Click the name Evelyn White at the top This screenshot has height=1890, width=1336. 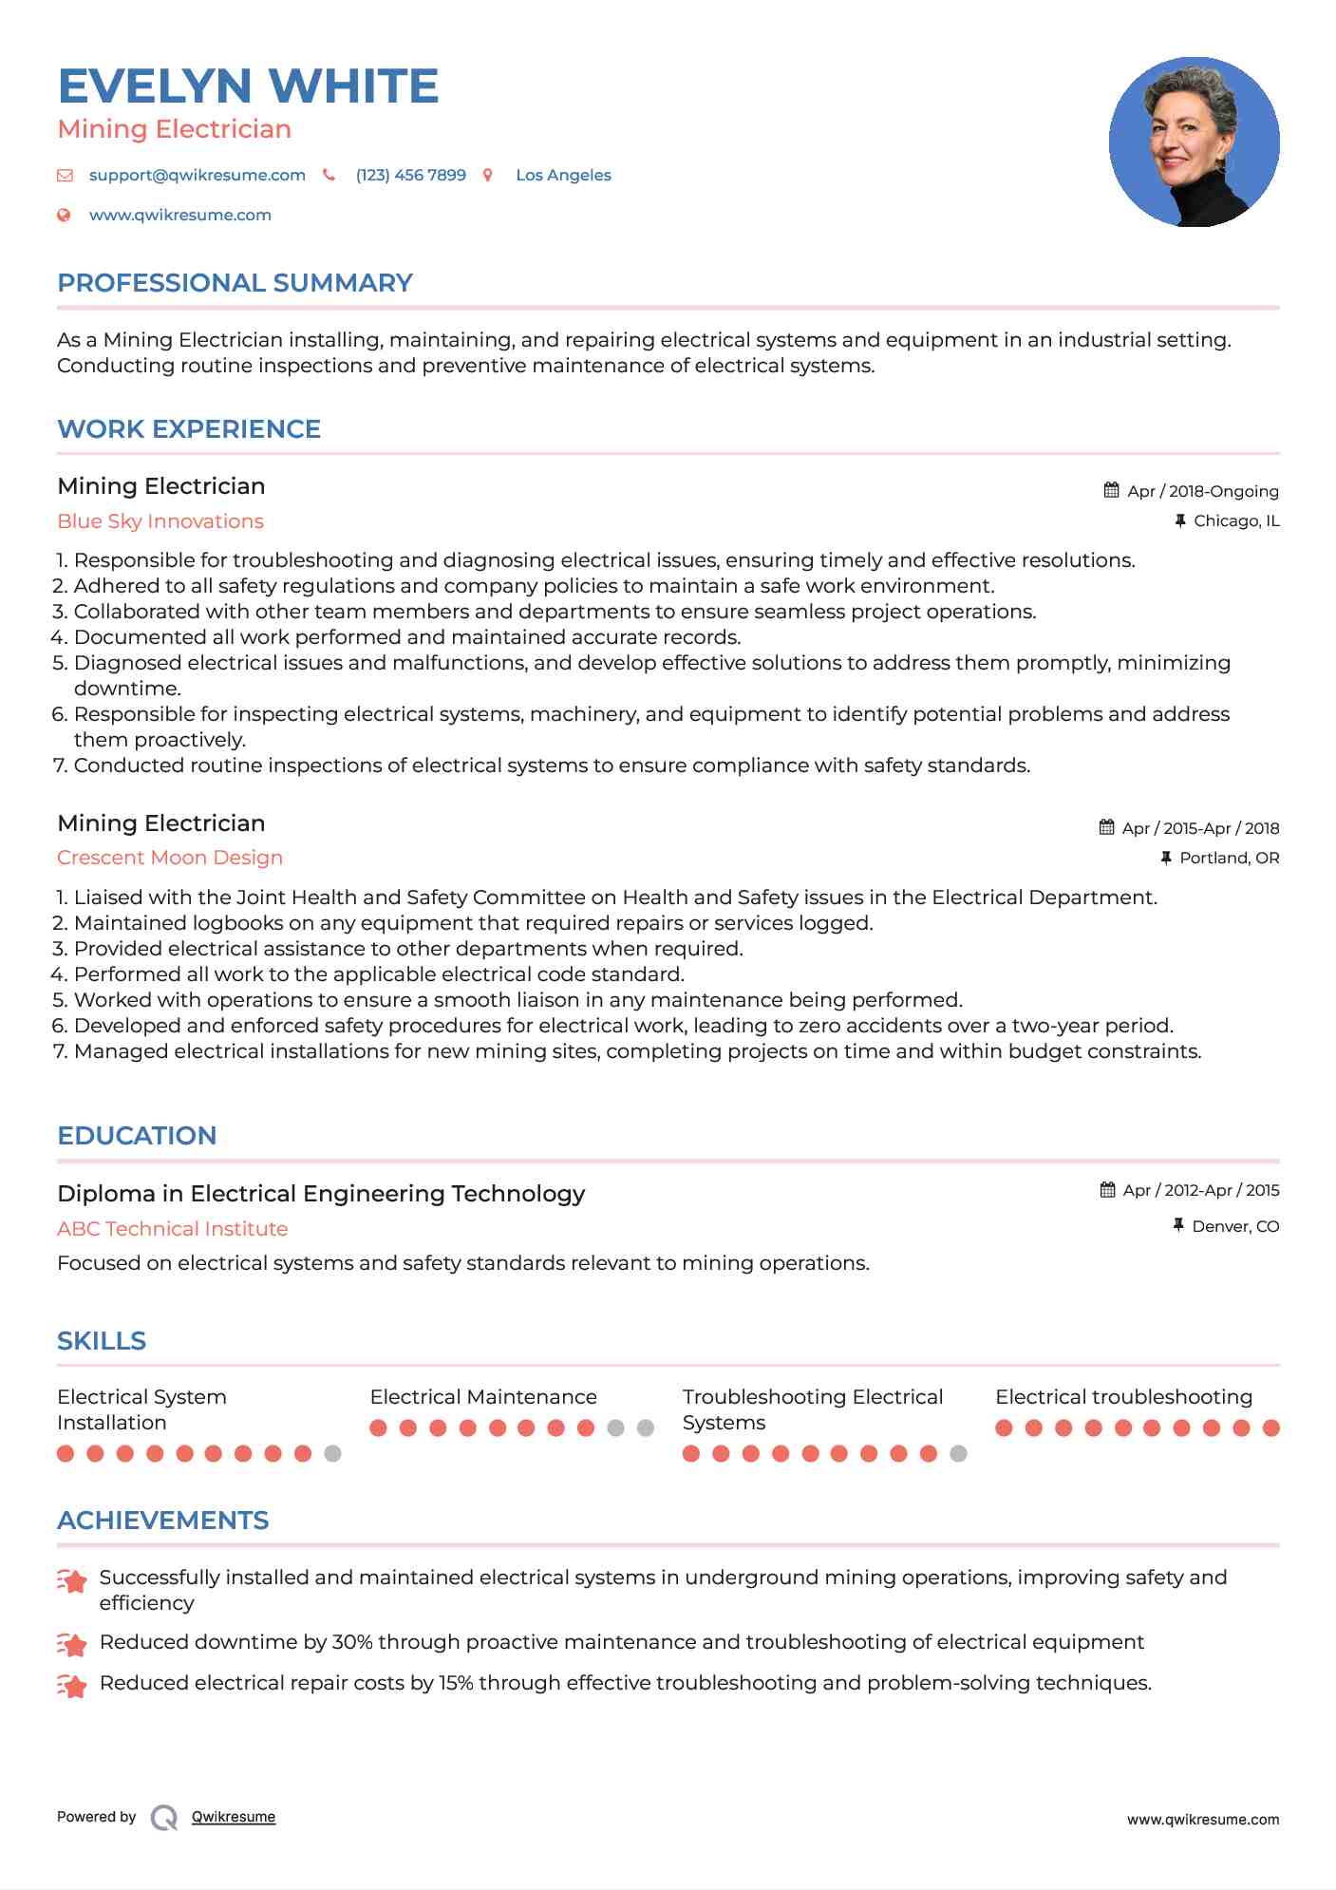(248, 86)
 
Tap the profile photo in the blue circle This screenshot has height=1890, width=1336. (1194, 142)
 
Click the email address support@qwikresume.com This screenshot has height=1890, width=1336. (197, 176)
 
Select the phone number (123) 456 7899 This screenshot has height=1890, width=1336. (410, 176)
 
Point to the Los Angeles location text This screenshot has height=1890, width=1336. (563, 176)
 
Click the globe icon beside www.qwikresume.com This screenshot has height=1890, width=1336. (65, 216)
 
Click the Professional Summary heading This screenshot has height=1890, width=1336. (235, 283)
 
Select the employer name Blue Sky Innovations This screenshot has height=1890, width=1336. (160, 521)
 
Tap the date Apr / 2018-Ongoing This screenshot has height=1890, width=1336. (1202, 491)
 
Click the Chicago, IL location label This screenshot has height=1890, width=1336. (1236, 521)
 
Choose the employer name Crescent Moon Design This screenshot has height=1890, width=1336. (170, 858)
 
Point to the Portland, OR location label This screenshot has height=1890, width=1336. (1229, 859)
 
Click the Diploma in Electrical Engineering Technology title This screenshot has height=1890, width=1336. (321, 1194)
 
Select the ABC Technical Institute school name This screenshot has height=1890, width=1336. (172, 1229)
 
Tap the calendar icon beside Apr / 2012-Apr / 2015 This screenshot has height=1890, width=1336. (1108, 1190)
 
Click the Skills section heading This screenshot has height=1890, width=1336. (102, 1341)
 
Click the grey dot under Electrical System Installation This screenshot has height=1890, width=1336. (332, 1454)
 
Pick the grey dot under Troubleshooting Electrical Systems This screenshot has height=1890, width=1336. (959, 1454)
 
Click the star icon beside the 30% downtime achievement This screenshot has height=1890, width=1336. (72, 1644)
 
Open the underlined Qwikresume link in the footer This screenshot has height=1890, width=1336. (234, 1817)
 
